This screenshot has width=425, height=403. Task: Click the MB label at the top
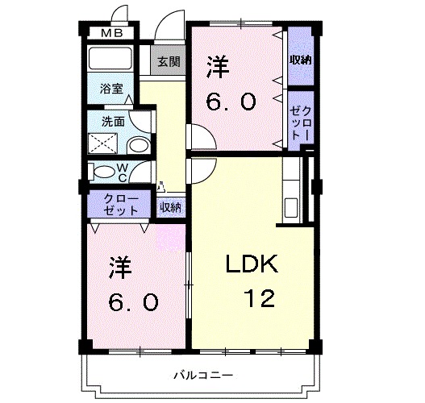point(112,33)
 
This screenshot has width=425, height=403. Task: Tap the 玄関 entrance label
point(168,61)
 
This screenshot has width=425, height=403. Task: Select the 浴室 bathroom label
point(112,89)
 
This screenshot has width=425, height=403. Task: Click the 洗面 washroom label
point(112,123)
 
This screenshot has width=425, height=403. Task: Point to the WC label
point(123,172)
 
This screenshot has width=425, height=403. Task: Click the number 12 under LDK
point(260,297)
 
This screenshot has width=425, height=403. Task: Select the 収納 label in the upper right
point(301,61)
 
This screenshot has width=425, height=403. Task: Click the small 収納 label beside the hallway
point(170,207)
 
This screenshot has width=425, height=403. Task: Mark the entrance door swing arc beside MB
point(120,15)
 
